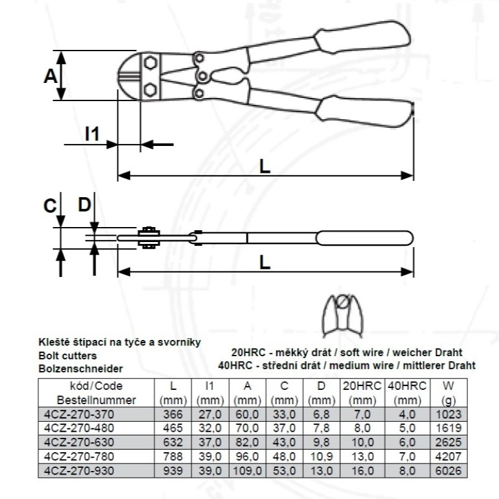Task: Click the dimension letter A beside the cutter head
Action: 51,76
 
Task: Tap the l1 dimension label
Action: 92,133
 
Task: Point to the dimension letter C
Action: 50,206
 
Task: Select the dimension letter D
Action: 85,205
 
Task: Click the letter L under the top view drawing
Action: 264,167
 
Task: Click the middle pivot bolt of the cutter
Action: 202,76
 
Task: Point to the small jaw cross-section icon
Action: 342,316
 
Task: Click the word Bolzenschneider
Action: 80,369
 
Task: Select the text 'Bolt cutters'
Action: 67,356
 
